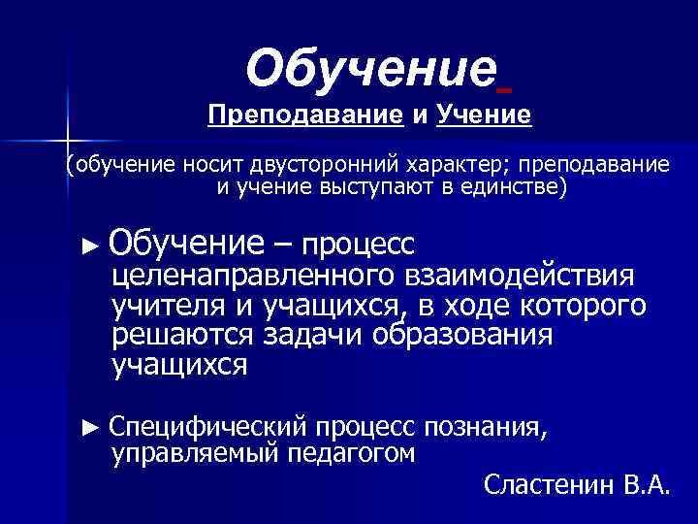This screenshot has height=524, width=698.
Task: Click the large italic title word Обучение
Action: coord(371,68)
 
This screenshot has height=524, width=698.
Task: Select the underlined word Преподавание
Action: coord(305,115)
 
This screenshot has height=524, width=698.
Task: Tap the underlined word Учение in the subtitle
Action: coord(484,115)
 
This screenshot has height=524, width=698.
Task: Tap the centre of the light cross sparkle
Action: coord(66,139)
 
